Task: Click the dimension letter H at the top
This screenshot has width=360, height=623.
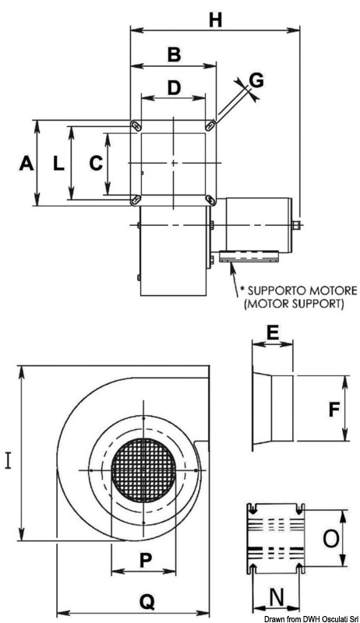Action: tap(215, 20)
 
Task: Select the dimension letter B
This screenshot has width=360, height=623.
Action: tap(174, 55)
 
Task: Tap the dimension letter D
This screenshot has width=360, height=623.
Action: tap(174, 88)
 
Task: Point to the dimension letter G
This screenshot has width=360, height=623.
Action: tap(256, 81)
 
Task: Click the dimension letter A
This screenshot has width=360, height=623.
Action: tap(26, 164)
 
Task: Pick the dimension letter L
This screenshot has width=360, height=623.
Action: tap(58, 164)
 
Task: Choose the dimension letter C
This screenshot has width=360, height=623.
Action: tap(96, 164)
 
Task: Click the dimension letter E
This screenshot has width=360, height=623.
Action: tap(272, 334)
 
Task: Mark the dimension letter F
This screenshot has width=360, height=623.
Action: tap(334, 410)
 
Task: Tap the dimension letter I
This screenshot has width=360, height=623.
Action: tap(9, 461)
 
